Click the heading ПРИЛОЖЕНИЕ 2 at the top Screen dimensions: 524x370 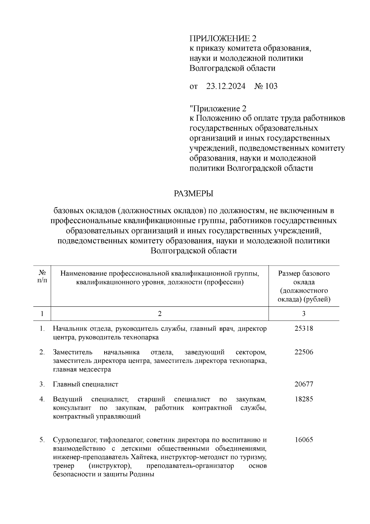pyautogui.click(x=223, y=39)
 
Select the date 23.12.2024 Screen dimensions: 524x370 pyautogui.click(x=226, y=86)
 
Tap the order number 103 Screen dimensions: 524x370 pyautogui.click(x=270, y=86)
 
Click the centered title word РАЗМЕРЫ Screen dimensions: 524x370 pyautogui.click(x=193, y=194)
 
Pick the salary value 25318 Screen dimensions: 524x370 pyautogui.click(x=304, y=328)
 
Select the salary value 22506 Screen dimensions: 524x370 pyautogui.click(x=304, y=352)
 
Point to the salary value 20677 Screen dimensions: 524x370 pyautogui.click(x=304, y=384)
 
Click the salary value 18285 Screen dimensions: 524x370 pyautogui.click(x=304, y=399)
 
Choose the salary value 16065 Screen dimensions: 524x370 pyautogui.click(x=304, y=440)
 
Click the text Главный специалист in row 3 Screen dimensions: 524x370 pyautogui.click(x=85, y=384)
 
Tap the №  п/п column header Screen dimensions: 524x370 pyautogui.click(x=42, y=277)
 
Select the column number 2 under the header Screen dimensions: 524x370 pyautogui.click(x=159, y=314)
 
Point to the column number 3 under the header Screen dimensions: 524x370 pyautogui.click(x=304, y=314)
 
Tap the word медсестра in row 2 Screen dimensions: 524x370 pyautogui.click(x=97, y=370)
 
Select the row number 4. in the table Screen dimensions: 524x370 pyautogui.click(x=42, y=399)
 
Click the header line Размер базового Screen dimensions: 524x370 pyautogui.click(x=304, y=273)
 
